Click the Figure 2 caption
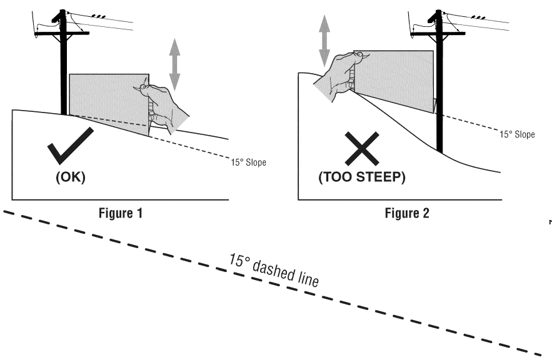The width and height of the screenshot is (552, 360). tap(408, 213)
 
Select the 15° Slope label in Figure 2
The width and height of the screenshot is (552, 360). tap(516, 135)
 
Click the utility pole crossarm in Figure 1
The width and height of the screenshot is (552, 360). tap(63, 33)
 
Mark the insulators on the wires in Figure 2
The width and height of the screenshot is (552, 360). tap(478, 17)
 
